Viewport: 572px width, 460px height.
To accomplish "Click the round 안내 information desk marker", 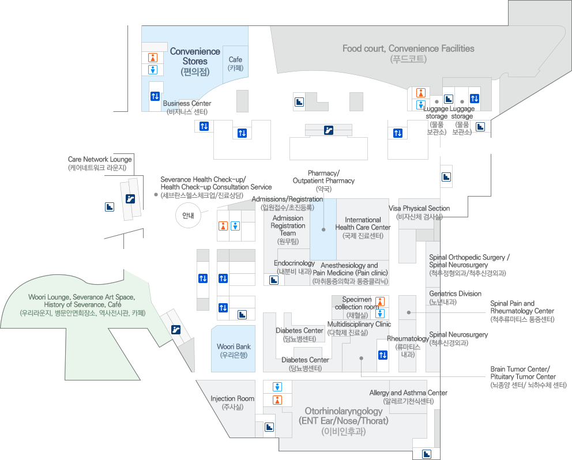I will pos(188,216).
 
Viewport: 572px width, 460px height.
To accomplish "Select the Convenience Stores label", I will pos(195,56).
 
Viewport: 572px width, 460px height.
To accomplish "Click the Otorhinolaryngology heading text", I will pos(343,416).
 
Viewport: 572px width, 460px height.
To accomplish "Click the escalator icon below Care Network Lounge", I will pos(130,199).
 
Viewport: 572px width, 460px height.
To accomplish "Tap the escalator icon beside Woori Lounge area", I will pos(175,329).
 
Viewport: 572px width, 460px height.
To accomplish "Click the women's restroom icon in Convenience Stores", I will pos(153,58).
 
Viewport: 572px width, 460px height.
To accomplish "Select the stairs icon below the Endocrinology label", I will pos(273,280).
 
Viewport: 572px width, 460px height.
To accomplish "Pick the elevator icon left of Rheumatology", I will pos(382,355).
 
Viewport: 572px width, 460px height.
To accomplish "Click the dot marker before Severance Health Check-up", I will pos(156,195).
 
